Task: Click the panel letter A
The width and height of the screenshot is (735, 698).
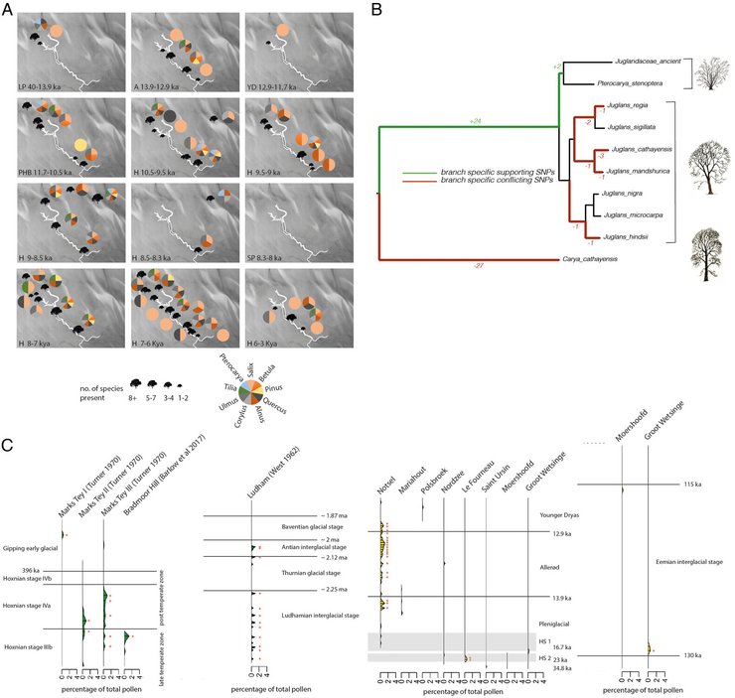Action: [9, 9]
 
